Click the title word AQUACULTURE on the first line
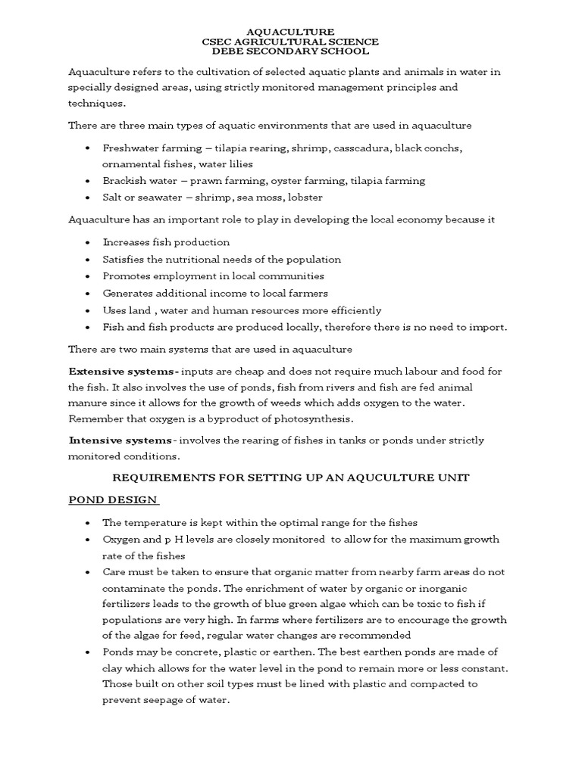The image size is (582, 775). coord(291,31)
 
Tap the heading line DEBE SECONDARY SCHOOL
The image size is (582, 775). coord(291,51)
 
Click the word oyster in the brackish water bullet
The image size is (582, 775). coord(295,181)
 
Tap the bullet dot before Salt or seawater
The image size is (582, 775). coord(89,198)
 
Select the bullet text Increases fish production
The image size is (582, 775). coord(166,242)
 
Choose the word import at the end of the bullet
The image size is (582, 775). coord(489,327)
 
